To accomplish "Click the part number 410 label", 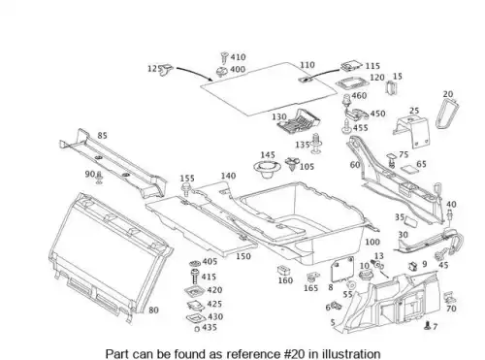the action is click(238, 57).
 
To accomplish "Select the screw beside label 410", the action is click(224, 57).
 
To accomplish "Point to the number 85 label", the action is click(102, 136).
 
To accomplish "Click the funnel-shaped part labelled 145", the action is click(266, 169).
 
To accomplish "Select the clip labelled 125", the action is click(167, 69).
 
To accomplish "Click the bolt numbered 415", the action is click(195, 278).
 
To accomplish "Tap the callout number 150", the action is click(243, 256).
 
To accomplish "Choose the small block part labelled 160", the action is click(283, 270).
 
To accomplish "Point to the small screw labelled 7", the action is click(427, 326).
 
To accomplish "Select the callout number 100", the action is click(372, 242).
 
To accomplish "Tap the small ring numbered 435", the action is click(197, 329).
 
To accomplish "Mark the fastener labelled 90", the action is click(99, 178).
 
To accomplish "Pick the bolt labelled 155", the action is click(186, 189).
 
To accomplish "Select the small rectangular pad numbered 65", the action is click(407, 169).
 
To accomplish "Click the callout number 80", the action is click(153, 311).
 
